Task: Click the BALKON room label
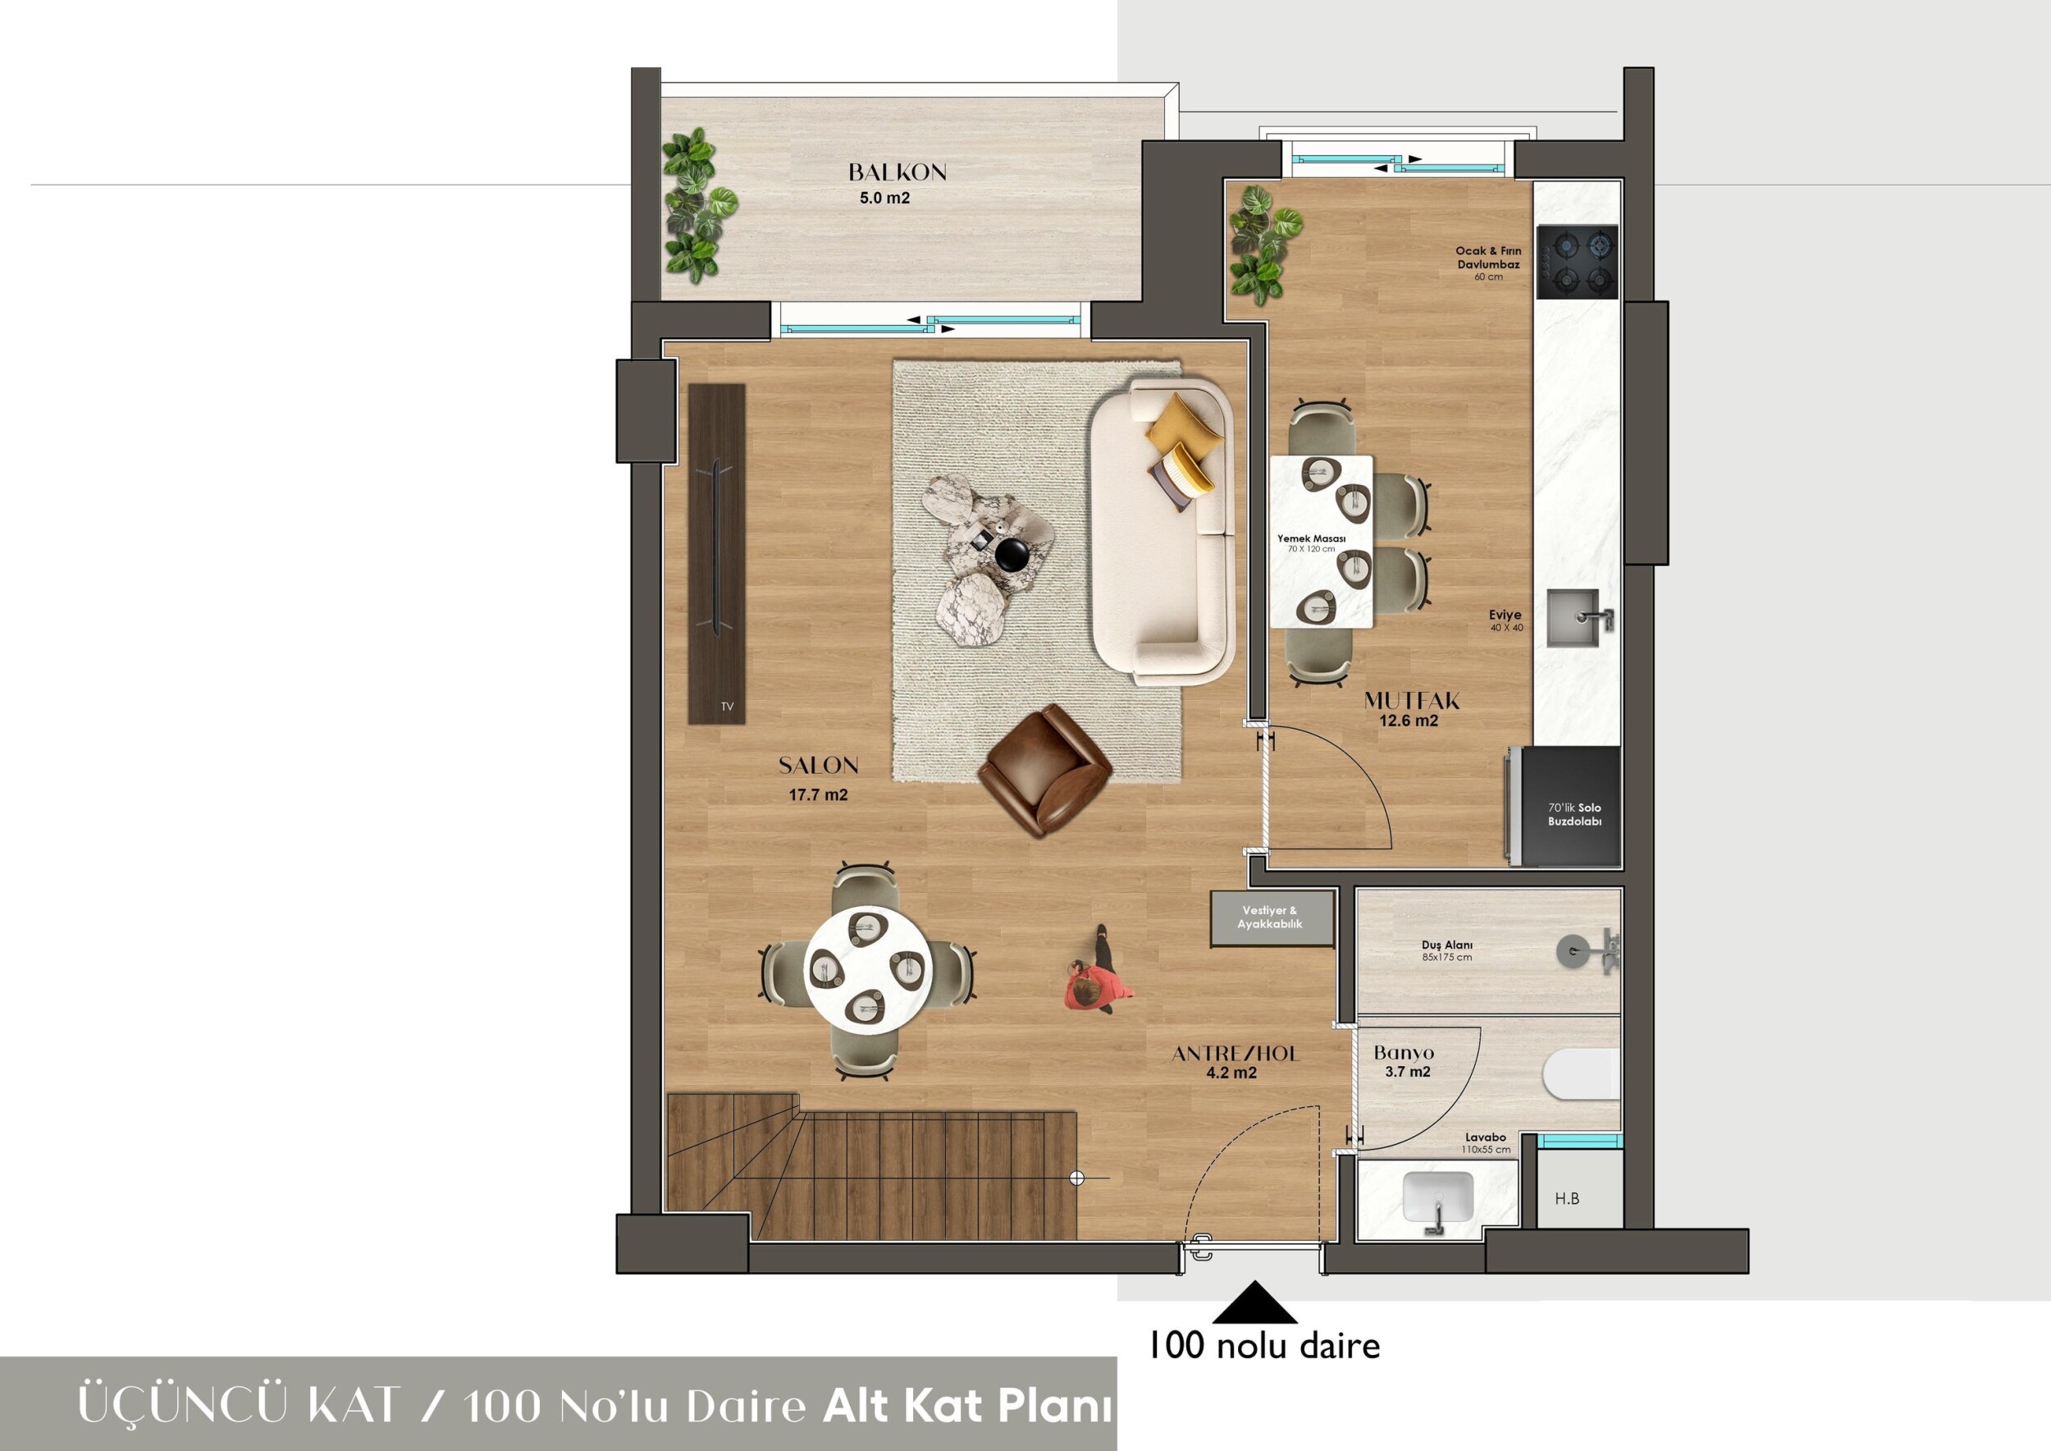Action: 897,172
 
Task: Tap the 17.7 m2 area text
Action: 818,795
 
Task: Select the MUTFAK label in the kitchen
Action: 1411,702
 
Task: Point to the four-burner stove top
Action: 1578,262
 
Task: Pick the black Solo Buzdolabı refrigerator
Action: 1568,807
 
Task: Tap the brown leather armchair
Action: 1045,770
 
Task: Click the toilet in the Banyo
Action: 1581,1086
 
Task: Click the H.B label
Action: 1567,1198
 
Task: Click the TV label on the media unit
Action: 727,707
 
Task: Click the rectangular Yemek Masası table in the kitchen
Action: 1321,542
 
